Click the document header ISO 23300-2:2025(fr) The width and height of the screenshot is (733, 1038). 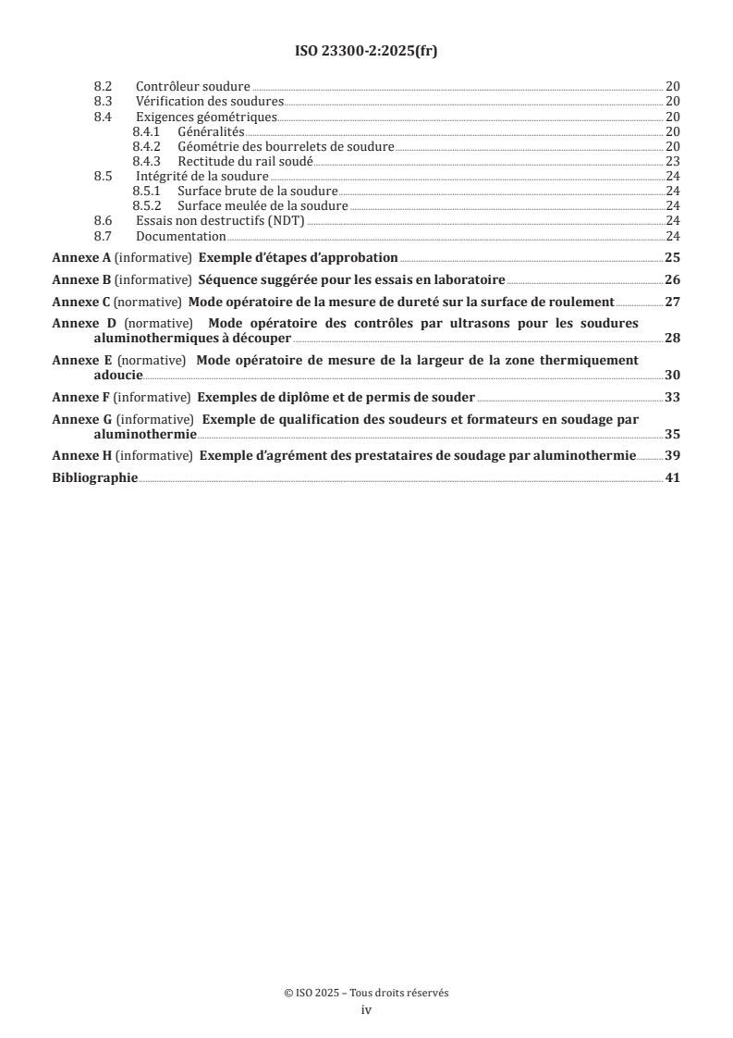pos(366,52)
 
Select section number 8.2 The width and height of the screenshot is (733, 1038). pos(103,85)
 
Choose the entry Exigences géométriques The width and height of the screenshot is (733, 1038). pos(206,117)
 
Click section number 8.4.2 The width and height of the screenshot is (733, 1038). pos(146,146)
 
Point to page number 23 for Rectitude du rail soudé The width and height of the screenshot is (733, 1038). pos(673,161)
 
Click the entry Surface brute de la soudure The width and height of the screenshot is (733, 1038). pos(258,192)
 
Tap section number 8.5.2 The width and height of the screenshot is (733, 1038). pos(146,206)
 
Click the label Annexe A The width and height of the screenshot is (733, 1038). pos(80,258)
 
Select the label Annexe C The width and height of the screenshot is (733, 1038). pos(80,301)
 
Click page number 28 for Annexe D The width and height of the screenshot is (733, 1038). pos(673,338)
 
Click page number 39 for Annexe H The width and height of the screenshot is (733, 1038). pos(673,456)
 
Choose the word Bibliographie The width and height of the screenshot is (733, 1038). pos(94,477)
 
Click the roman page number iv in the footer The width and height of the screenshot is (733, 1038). pos(366,1011)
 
